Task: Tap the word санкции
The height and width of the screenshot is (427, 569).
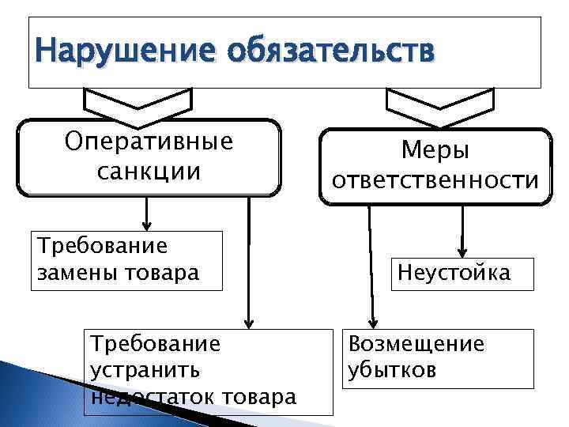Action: point(149,171)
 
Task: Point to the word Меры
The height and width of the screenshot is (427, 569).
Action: point(435,149)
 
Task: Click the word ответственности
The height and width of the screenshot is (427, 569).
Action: point(435,180)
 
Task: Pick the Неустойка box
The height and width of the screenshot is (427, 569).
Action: point(454,274)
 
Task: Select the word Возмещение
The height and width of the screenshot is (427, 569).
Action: point(416,344)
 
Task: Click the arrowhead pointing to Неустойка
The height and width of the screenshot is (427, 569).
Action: point(464,251)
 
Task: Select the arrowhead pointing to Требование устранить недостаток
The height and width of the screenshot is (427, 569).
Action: point(249,322)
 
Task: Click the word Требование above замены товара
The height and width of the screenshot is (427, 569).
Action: point(102,245)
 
